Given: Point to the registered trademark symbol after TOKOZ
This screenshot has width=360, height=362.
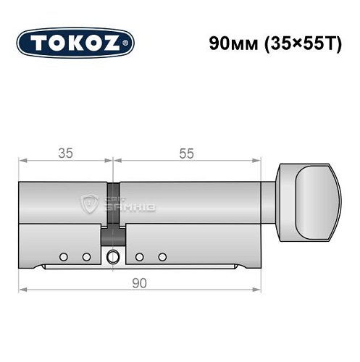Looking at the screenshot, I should (x=128, y=42).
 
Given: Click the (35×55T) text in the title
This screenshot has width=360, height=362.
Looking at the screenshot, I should (x=301, y=41).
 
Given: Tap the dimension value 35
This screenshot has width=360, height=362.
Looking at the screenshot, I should (x=64, y=153).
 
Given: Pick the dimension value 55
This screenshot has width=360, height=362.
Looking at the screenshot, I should (x=186, y=153).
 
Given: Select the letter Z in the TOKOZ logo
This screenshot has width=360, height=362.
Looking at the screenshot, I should (x=114, y=42).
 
